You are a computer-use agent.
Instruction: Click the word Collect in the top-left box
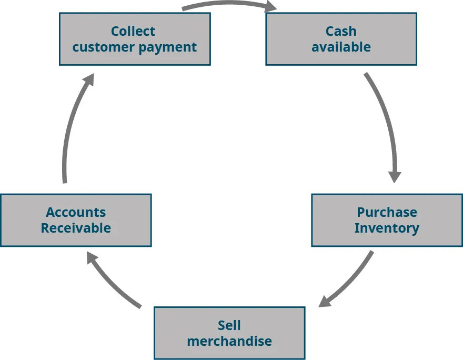133,32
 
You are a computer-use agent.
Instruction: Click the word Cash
341,32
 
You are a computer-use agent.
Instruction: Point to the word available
341,47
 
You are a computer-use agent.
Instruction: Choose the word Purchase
387,212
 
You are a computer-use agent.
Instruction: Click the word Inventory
387,228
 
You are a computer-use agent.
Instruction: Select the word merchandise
229,341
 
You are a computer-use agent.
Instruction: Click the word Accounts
76,212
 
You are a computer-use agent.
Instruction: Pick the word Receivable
76,228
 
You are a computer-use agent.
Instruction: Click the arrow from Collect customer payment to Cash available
226,4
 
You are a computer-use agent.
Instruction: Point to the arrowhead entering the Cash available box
270,7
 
